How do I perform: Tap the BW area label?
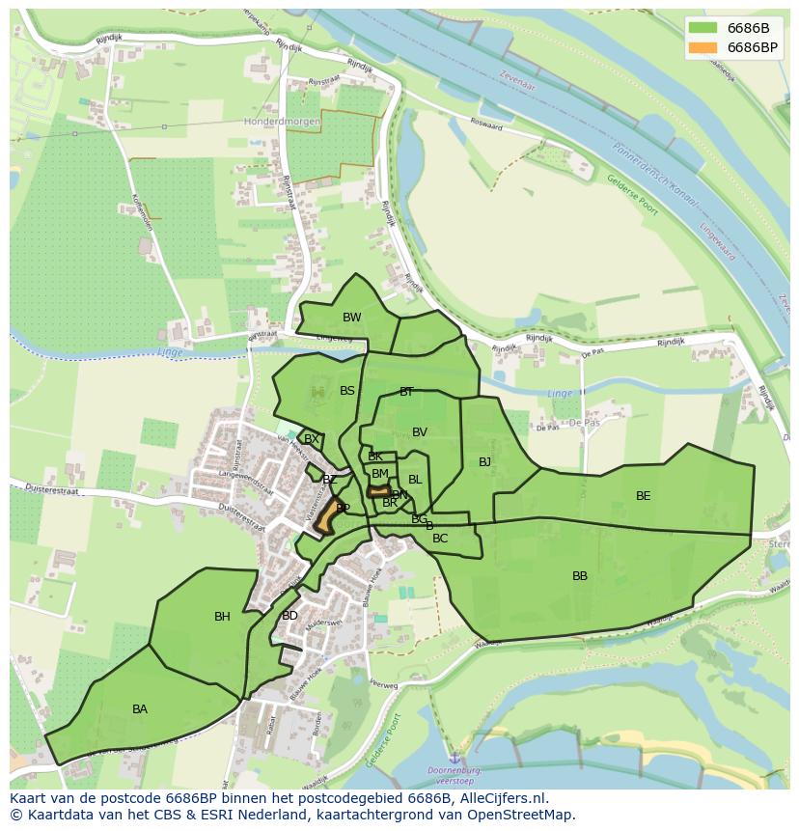352,318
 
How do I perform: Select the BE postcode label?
643,496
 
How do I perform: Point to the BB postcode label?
580,576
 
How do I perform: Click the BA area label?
140,709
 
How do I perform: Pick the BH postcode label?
222,617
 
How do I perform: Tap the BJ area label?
484,462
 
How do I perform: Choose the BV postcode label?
419,432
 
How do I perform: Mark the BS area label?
347,391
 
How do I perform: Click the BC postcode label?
440,539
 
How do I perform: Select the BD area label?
289,616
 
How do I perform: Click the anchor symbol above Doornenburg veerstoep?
454,759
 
